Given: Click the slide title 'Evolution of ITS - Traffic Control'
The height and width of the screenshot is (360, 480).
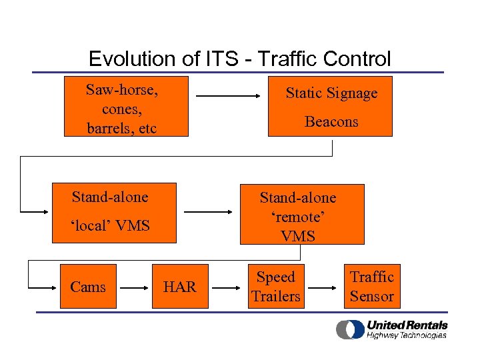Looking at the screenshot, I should tap(239, 59).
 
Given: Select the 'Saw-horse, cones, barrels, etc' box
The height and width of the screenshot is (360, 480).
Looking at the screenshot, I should tap(126, 107).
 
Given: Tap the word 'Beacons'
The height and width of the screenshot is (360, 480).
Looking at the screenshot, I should tap(331, 121).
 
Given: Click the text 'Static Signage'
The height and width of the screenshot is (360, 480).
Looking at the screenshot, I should tap(331, 93).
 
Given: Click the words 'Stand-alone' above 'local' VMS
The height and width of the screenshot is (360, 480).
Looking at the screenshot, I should tap(110, 197).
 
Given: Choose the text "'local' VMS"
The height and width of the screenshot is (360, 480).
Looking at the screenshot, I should tap(110, 225).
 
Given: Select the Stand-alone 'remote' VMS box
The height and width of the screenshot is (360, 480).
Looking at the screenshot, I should tap(301, 214).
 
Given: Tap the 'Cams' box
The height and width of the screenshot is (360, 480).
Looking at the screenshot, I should tap(88, 287).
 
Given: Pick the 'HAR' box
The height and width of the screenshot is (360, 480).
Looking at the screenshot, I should tap(180, 287).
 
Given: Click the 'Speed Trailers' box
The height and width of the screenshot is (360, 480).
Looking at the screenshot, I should tap(275, 287).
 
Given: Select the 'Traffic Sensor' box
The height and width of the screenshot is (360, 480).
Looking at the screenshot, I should tap(372, 287).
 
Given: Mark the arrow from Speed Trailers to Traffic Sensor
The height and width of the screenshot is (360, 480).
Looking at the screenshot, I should tap(324, 287).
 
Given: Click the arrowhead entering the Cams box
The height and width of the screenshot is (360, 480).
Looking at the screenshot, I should tap(55, 287).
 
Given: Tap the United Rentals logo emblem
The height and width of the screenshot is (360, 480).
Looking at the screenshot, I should tap(349, 329).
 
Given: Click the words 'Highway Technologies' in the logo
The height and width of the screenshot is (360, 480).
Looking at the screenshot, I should tap(406, 335).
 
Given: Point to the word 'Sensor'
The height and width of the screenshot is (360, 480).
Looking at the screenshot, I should tap(372, 297).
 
